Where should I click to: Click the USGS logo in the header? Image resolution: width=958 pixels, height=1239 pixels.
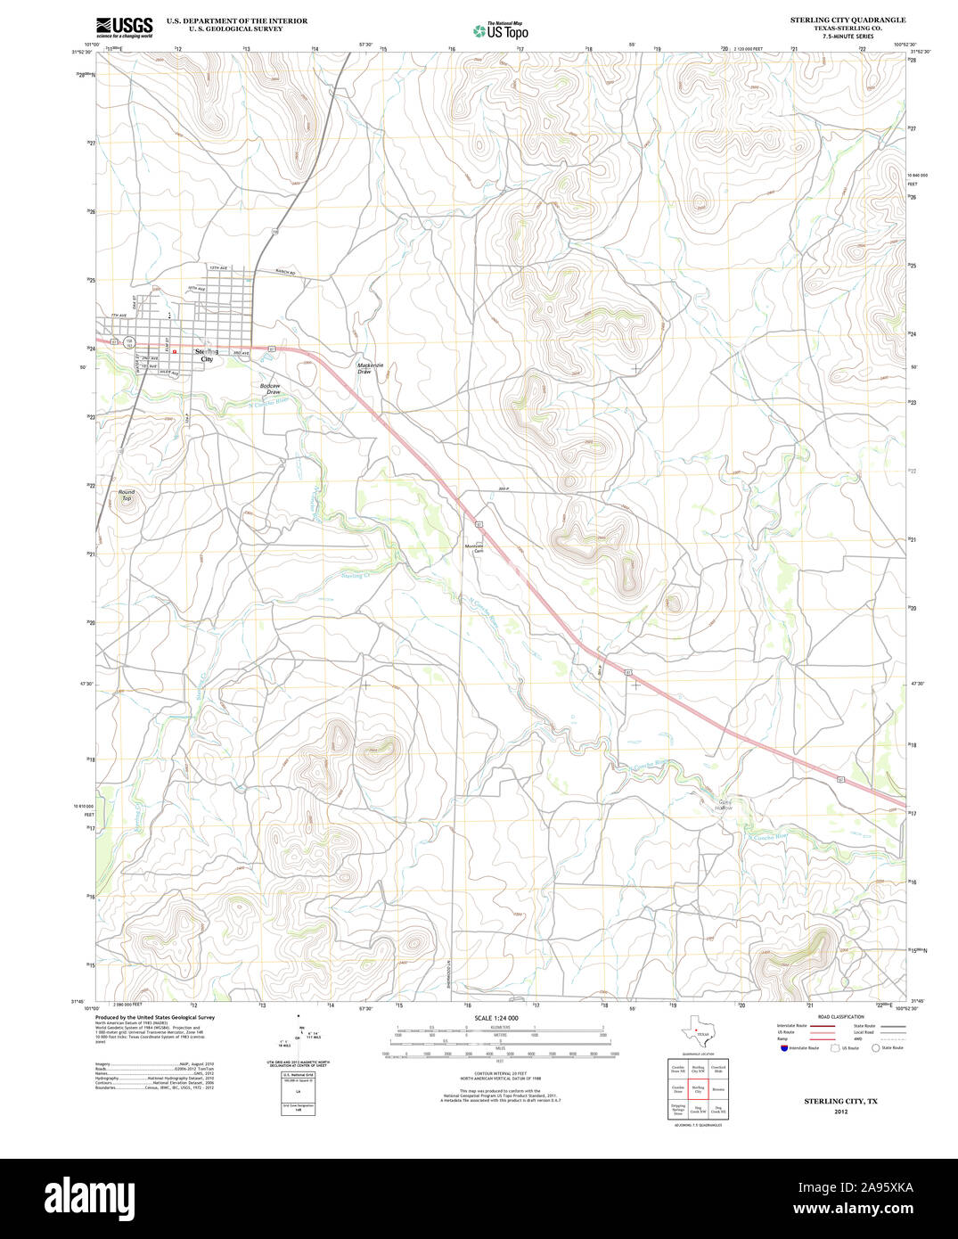click(125, 26)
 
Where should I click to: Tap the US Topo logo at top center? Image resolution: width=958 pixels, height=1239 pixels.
click(501, 30)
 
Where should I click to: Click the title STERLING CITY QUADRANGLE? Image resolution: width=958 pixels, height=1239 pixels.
click(847, 20)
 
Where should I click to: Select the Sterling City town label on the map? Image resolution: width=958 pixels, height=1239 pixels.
click(206, 354)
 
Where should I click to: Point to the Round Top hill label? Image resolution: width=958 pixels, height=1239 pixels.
click(127, 495)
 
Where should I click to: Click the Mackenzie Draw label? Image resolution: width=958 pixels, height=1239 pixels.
click(370, 367)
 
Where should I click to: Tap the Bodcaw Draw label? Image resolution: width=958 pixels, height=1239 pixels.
click(270, 389)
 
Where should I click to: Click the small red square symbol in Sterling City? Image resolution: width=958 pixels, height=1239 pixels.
click(175, 352)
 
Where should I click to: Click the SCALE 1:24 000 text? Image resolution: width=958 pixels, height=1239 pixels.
click(496, 1018)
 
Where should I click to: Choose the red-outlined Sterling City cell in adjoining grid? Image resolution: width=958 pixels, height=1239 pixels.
click(699, 1089)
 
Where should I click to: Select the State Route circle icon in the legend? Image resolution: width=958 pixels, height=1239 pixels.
click(876, 1048)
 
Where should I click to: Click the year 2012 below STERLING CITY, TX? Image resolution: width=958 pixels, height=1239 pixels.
click(840, 1112)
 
